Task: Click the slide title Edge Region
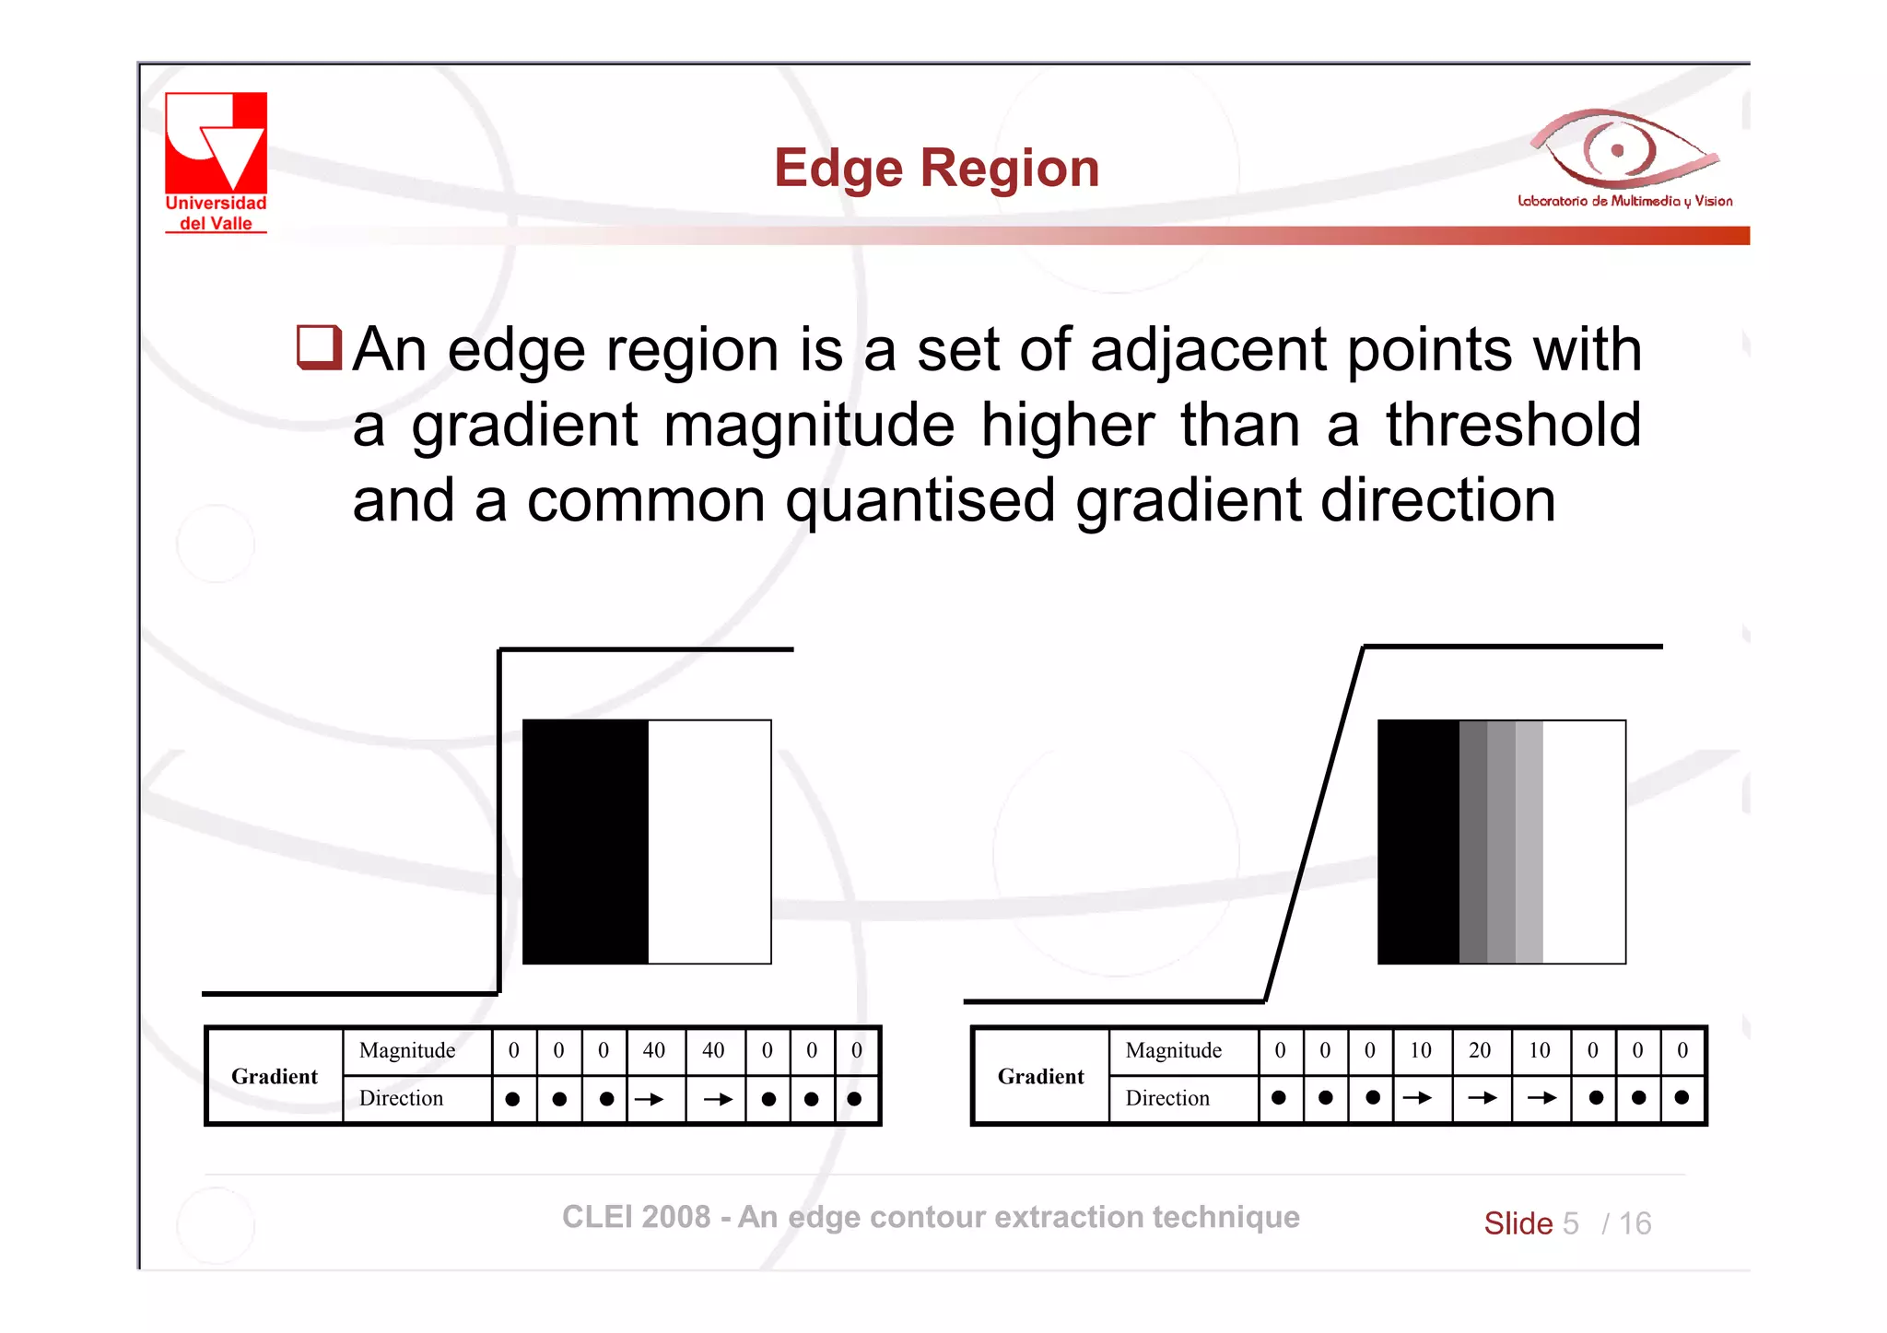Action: click(936, 168)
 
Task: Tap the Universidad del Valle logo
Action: click(216, 161)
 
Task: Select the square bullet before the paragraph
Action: click(319, 347)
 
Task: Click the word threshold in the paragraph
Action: click(1513, 425)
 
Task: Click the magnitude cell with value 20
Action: click(1480, 1050)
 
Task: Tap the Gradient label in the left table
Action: click(274, 1076)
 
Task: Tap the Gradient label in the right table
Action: click(1040, 1076)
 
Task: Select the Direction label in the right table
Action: click(1166, 1098)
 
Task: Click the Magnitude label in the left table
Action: click(406, 1050)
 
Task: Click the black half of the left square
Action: click(585, 842)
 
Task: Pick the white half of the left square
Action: click(709, 842)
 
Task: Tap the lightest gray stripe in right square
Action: click(1529, 842)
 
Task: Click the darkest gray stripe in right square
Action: click(1472, 842)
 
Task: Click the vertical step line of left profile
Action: click(499, 820)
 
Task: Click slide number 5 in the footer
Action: click(1570, 1223)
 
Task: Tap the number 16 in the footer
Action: click(1635, 1223)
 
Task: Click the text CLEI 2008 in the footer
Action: click(636, 1217)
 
